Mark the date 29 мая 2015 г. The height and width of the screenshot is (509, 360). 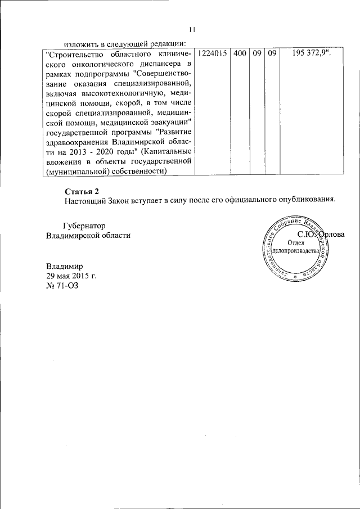tap(71, 276)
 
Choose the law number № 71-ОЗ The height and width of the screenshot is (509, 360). tap(62, 286)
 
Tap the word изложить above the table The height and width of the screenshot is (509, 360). tap(80, 43)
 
